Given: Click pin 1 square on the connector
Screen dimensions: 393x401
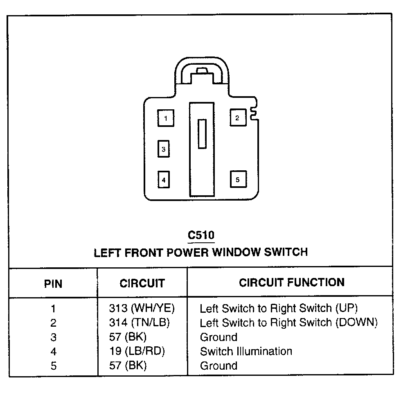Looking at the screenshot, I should coord(165,118).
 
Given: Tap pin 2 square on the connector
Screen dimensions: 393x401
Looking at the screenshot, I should coord(237,118).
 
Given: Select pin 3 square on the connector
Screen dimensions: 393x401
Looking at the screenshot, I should coord(163,149).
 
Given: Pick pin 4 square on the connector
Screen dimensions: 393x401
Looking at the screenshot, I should coord(164,179).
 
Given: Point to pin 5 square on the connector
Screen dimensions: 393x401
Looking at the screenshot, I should coord(238,179).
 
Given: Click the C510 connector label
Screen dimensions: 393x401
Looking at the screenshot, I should coord(201,235).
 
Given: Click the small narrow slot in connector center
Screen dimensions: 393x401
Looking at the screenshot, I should coord(202,134).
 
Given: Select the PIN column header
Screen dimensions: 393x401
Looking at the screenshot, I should coord(53,283).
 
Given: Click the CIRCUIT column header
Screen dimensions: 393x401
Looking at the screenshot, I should coord(142,283).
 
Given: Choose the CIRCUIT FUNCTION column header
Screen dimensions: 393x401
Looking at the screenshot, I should coord(292,282).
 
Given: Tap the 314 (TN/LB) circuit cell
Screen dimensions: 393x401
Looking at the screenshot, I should coord(139,323).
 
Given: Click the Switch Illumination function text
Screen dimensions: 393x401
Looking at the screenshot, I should coord(246,351).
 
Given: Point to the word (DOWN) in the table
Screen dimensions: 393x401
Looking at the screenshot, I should coord(356,323).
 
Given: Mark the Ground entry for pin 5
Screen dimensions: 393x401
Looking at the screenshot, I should coord(219,366).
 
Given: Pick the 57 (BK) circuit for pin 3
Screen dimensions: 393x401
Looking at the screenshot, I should coord(128,337).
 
